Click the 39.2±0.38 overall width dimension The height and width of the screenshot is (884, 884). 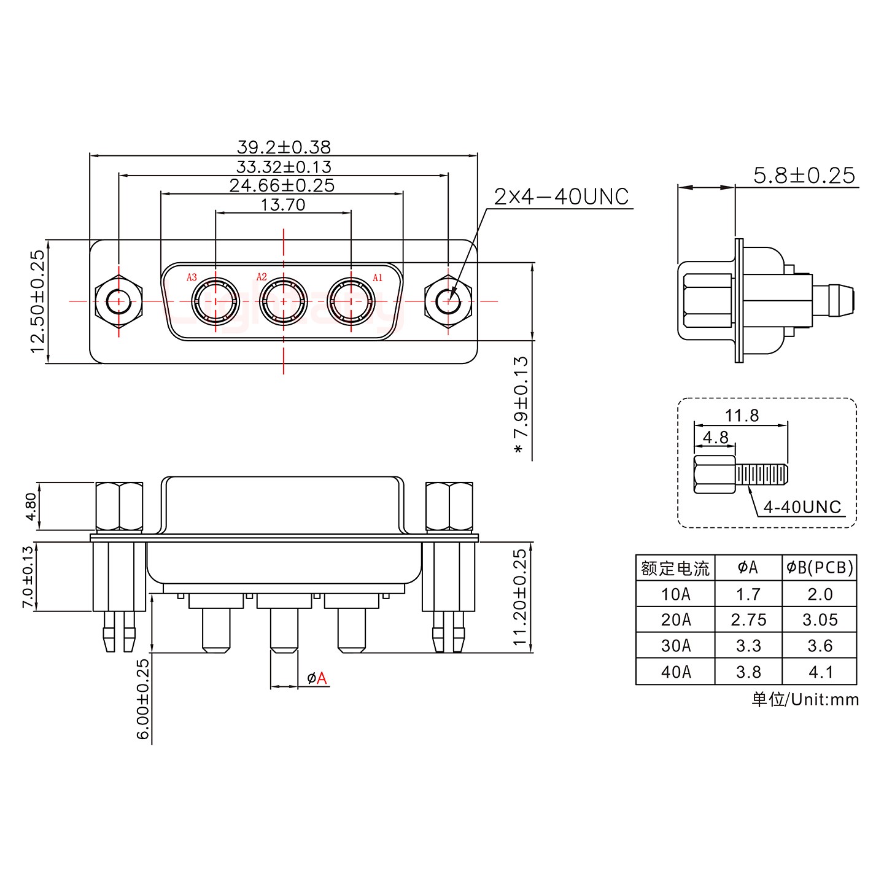coord(284,147)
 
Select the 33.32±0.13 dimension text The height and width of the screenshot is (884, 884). coord(284,166)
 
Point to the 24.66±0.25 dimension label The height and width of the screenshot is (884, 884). coord(282,185)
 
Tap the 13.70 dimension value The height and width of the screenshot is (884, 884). coord(283,204)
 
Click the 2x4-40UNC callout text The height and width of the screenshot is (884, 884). coord(561,196)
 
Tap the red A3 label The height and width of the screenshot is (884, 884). coord(192,277)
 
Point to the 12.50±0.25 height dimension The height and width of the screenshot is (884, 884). coord(38,301)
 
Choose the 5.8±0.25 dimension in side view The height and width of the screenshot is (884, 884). coord(804,176)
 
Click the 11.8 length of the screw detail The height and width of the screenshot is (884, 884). coord(742,416)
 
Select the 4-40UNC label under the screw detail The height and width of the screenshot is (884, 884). coord(802,507)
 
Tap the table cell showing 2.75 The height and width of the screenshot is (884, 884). coord(748,620)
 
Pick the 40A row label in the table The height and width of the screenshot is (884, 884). coord(675,672)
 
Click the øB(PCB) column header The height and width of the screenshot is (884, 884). coord(820,568)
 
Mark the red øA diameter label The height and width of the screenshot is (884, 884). coord(317,678)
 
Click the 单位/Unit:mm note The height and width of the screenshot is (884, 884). coord(805,699)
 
